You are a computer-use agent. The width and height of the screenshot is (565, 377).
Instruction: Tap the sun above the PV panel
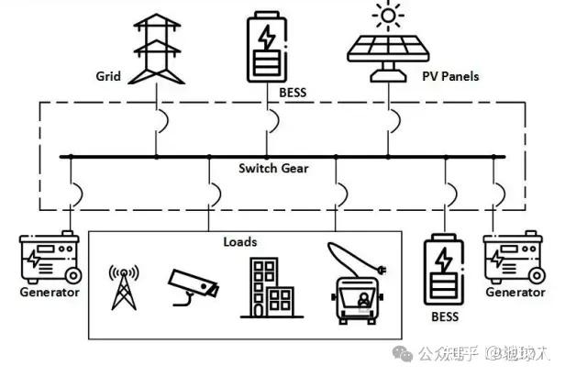[386, 17]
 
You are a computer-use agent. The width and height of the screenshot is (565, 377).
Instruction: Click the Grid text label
[109, 75]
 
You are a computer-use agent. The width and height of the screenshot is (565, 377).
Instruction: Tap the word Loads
[240, 242]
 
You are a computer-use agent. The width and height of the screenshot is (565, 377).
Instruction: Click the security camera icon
[194, 288]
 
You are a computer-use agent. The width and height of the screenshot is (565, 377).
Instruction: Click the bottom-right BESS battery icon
[445, 271]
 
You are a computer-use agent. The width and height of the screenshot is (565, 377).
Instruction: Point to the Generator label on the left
[50, 294]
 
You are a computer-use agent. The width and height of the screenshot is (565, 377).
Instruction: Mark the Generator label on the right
[515, 293]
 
